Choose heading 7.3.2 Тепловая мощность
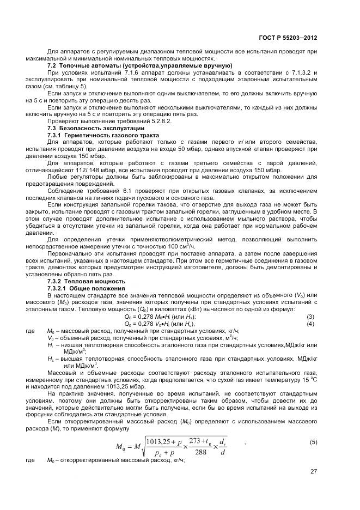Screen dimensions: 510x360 (x=88, y=281)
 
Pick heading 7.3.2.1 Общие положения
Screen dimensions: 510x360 (x=87, y=288)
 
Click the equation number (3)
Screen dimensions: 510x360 (x=310, y=317)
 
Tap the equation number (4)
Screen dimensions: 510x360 (x=310, y=324)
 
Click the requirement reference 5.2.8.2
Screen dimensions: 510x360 (x=124, y=120)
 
